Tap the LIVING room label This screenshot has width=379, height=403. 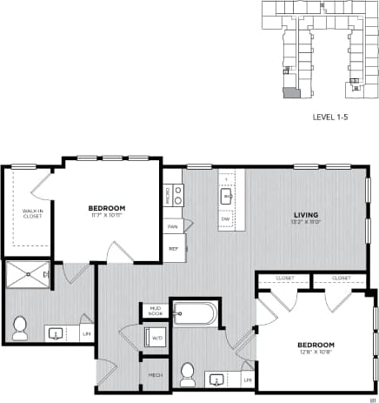(304, 214)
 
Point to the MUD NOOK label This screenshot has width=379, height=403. (156, 310)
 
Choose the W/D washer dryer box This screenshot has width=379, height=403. (157, 338)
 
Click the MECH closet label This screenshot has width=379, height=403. (156, 374)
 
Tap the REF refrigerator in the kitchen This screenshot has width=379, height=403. (173, 248)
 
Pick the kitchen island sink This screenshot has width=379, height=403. (225, 197)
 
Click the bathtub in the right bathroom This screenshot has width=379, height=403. (196, 312)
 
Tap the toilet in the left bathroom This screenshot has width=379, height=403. (20, 328)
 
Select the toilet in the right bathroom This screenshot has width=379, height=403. (187, 375)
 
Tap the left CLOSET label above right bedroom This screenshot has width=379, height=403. (284, 279)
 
